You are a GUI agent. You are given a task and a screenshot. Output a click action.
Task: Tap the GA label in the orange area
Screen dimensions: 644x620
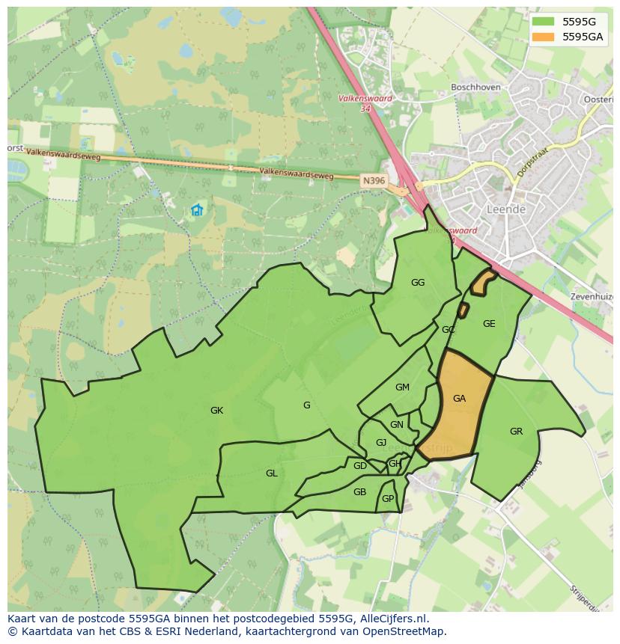click(459, 399)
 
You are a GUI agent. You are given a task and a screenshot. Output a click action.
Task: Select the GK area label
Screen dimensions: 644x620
click(216, 411)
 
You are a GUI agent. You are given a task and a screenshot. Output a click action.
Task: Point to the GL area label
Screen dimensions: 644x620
click(271, 473)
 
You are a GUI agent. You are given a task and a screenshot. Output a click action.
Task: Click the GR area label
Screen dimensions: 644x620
click(516, 432)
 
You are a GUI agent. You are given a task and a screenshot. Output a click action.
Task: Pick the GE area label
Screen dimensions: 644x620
click(489, 324)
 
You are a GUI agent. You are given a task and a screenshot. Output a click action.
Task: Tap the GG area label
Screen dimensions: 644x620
click(418, 283)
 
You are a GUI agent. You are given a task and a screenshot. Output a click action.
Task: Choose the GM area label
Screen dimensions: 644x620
click(402, 387)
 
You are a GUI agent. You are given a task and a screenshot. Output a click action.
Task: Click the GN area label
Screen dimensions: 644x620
click(397, 425)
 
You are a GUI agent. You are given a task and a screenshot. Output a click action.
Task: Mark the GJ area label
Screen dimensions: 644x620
click(381, 443)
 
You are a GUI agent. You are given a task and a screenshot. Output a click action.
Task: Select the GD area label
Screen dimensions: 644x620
click(360, 466)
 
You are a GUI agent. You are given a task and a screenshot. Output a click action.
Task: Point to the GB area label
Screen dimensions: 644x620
click(359, 492)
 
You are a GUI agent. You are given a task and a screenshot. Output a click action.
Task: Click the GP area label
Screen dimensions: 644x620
click(388, 499)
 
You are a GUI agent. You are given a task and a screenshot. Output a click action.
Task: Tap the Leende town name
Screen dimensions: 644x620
click(506, 209)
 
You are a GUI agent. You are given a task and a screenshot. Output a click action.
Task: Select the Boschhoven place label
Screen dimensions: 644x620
click(475, 88)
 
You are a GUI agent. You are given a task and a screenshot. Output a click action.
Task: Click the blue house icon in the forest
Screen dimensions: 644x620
click(197, 210)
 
